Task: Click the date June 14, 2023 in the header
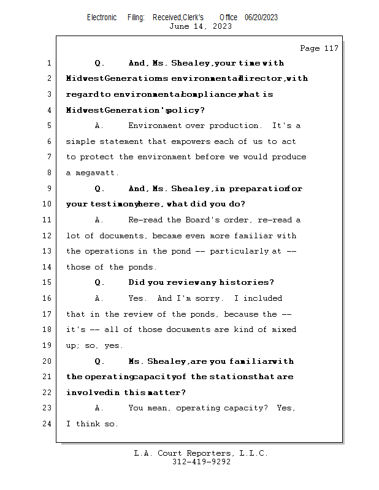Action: (x=200, y=26)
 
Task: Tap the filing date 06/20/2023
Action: (x=261, y=18)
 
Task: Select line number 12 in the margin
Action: (x=48, y=236)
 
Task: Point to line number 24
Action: (x=48, y=424)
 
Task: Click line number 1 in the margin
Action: (x=48, y=63)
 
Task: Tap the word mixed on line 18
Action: (x=283, y=330)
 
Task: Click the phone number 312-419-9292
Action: (x=201, y=462)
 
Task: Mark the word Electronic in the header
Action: (x=102, y=18)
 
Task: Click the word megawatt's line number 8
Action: (x=48, y=173)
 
